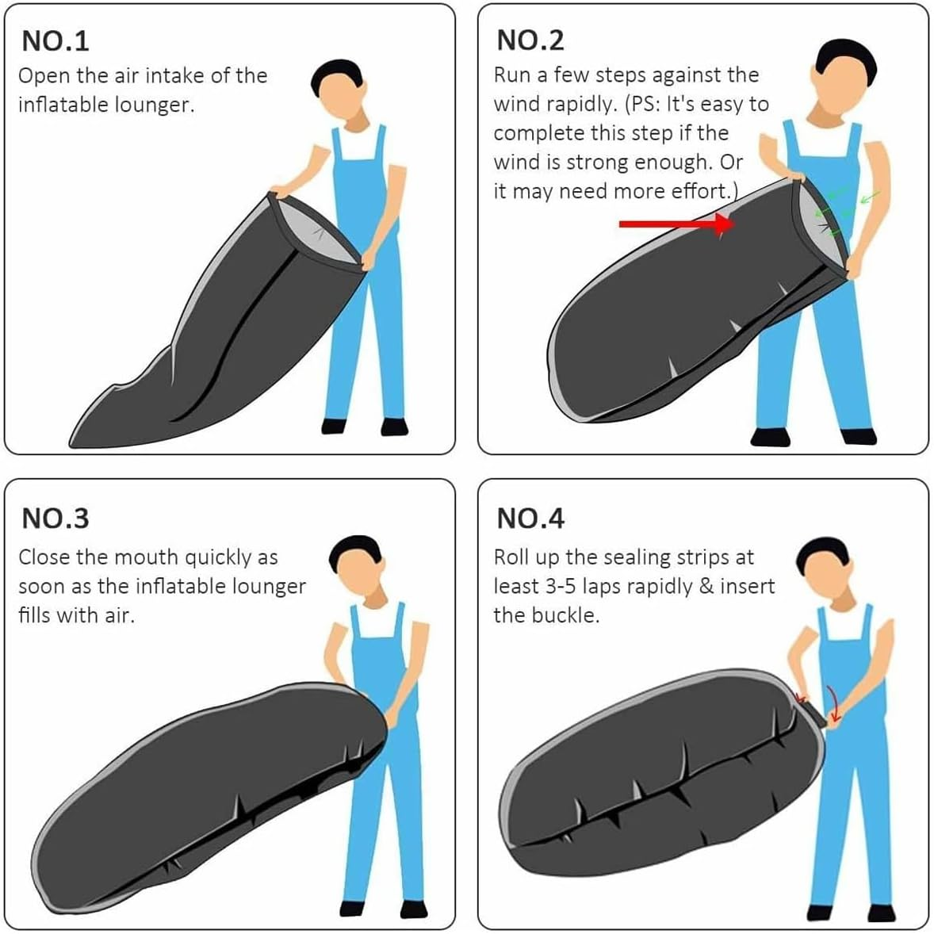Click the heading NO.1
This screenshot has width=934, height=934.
click(55, 40)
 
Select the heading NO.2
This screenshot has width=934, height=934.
click(530, 40)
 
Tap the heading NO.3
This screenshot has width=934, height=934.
click(55, 518)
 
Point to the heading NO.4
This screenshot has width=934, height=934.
click(530, 518)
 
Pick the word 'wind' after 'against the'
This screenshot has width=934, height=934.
click(515, 104)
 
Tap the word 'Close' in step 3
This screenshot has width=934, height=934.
click(44, 557)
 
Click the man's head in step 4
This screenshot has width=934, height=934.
click(825, 564)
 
